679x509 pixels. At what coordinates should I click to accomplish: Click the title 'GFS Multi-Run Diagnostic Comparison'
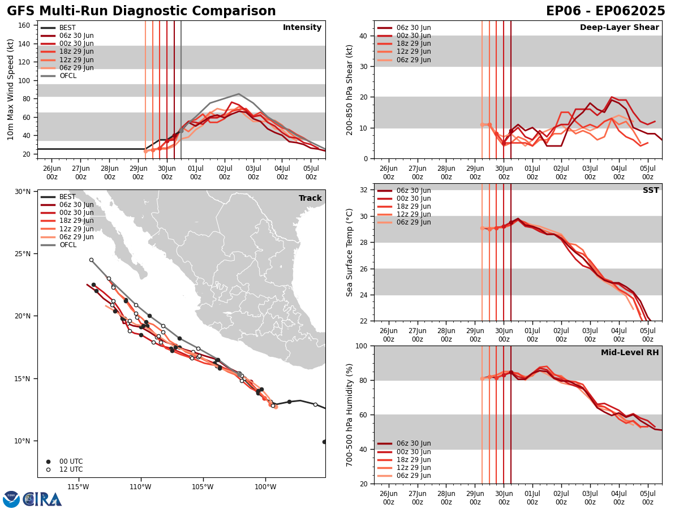click(x=141, y=11)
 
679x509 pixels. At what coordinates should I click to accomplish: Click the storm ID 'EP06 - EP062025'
click(x=605, y=11)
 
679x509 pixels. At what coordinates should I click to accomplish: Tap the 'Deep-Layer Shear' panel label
click(x=619, y=28)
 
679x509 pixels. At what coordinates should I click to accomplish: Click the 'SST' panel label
click(x=650, y=191)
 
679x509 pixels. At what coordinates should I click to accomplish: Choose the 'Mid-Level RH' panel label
click(x=629, y=353)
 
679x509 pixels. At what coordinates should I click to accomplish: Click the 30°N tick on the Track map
click(x=23, y=192)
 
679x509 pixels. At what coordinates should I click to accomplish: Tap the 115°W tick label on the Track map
click(x=78, y=487)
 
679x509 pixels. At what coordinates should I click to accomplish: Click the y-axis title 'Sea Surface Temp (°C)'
click(x=350, y=252)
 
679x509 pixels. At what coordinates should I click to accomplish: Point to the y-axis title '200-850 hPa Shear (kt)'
click(x=350, y=89)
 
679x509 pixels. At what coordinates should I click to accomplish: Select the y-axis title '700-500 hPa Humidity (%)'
click(x=350, y=415)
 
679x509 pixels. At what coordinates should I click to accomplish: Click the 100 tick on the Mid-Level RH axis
click(x=360, y=346)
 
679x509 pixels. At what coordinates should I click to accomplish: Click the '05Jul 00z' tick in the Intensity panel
click(x=311, y=172)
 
